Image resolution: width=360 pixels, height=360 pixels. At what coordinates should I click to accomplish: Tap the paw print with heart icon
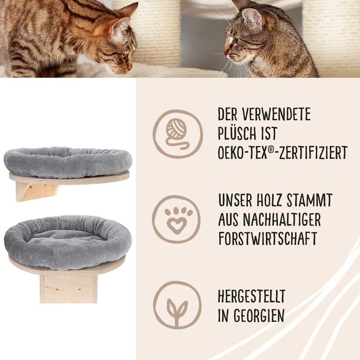coord(176,219)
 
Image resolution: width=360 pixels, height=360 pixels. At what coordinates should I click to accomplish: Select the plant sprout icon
coord(177,305)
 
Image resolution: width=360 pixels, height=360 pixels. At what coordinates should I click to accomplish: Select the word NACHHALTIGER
coord(282,219)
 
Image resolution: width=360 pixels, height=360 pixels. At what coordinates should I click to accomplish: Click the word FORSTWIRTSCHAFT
coord(268,239)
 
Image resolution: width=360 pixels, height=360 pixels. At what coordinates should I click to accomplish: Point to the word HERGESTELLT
coord(251,296)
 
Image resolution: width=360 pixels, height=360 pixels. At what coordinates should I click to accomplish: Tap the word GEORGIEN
coord(259,315)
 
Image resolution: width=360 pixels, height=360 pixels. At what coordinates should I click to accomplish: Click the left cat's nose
coord(130,67)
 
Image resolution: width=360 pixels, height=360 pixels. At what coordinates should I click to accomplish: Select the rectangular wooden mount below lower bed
coord(68,289)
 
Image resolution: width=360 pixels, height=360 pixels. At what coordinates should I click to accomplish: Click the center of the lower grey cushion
coord(68,242)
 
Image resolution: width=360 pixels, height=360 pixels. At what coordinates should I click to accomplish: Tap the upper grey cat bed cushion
coord(68,162)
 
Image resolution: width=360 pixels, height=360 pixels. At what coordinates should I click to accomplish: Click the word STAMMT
coord(310,200)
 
